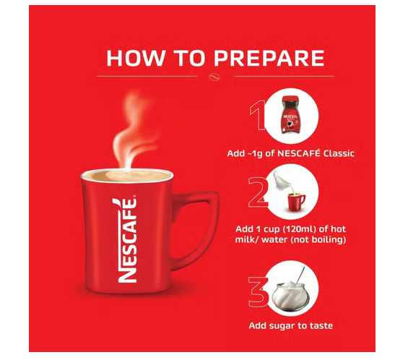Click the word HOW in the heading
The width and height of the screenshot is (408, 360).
136,58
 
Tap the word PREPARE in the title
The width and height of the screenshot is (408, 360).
269,58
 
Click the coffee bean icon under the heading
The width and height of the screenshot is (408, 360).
215,77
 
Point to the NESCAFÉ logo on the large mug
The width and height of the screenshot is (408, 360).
128,240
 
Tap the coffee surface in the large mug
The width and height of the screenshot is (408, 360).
127,176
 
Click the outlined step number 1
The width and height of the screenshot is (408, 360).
258,115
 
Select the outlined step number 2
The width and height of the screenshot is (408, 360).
258,192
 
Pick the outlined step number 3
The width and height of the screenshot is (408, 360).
258,292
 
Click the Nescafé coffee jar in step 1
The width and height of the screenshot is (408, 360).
291,115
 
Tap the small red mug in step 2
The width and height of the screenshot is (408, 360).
296,202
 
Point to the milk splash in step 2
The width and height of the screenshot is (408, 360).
282,181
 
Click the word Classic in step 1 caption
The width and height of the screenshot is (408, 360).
339,153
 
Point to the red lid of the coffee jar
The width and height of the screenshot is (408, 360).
291,100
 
